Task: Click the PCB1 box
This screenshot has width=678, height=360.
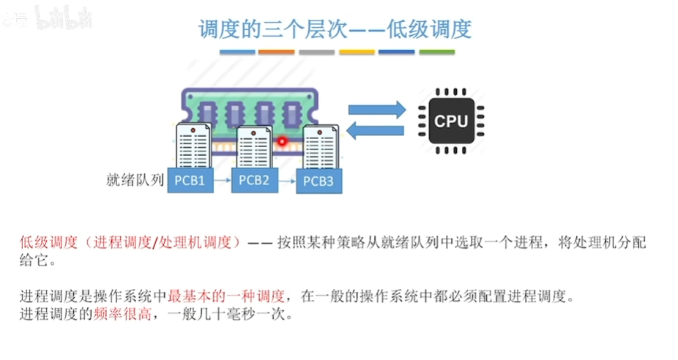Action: click(x=190, y=180)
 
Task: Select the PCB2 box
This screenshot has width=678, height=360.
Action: click(x=254, y=180)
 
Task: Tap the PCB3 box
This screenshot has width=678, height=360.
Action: click(x=318, y=181)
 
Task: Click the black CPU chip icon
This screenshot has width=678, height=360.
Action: click(x=452, y=121)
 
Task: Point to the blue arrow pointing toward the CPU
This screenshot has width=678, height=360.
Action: click(x=377, y=110)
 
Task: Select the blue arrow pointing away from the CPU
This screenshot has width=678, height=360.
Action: click(x=376, y=130)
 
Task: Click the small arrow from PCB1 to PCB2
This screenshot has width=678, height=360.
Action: click(x=223, y=180)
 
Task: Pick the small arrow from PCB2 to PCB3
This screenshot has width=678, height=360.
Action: click(x=287, y=181)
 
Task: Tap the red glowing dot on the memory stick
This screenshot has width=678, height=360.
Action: click(x=282, y=141)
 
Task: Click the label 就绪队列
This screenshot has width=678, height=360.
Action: click(x=135, y=180)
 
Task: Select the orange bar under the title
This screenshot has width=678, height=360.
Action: click(x=276, y=52)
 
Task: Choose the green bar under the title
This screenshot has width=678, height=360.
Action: click(x=436, y=52)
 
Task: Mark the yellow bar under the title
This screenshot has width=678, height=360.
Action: click(x=357, y=52)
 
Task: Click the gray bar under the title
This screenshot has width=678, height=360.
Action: click(x=316, y=52)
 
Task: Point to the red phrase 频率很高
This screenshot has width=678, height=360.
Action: click(x=122, y=314)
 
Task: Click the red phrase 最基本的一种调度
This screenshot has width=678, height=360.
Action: click(x=226, y=296)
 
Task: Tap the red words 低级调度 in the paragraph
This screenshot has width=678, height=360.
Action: click(x=48, y=242)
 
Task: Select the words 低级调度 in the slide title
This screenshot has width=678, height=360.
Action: click(x=429, y=29)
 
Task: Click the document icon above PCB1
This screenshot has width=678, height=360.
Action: click(x=194, y=145)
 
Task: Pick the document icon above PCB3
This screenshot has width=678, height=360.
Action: click(x=321, y=147)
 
